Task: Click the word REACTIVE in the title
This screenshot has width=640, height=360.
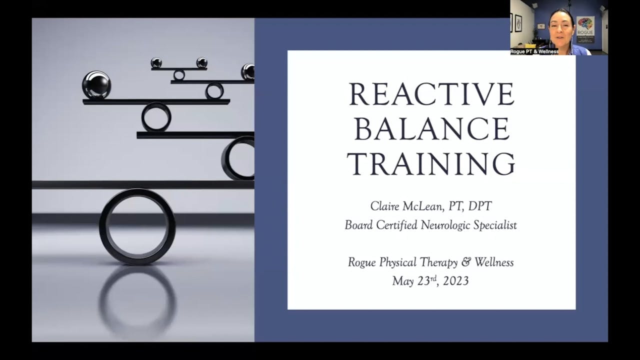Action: pyautogui.click(x=431, y=94)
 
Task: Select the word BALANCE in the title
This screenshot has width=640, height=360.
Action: pyautogui.click(x=431, y=129)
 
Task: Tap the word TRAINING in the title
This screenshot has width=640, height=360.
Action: pyautogui.click(x=431, y=163)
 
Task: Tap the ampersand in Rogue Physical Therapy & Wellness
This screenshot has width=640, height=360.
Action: pyautogui.click(x=465, y=262)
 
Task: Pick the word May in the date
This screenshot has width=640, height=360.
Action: pyautogui.click(x=402, y=280)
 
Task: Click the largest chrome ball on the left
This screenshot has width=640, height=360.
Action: pyautogui.click(x=96, y=84)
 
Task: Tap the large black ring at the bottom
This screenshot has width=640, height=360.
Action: pyautogui.click(x=137, y=226)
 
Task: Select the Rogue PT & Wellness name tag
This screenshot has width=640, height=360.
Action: pyautogui.click(x=534, y=51)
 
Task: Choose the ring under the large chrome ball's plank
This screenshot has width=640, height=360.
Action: pyautogui.click(x=156, y=117)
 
